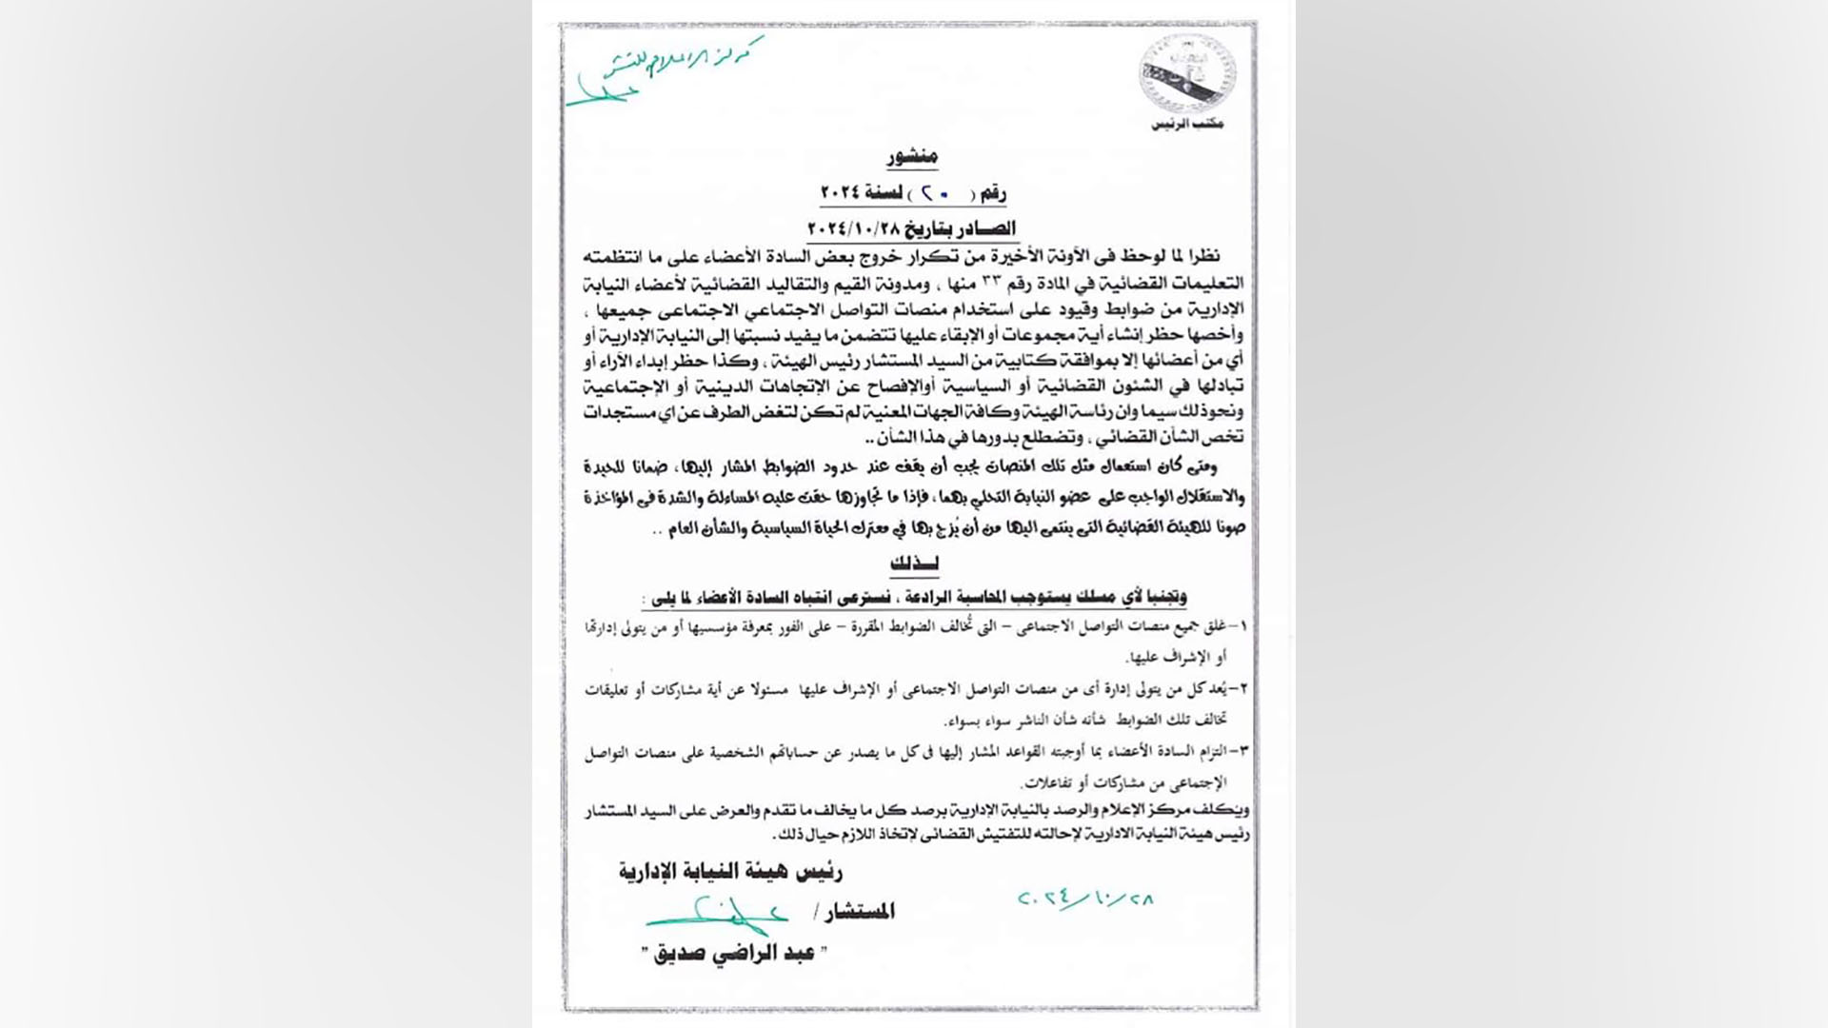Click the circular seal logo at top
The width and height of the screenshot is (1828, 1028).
point(1186,74)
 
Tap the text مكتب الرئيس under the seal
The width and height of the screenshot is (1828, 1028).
point(1187,125)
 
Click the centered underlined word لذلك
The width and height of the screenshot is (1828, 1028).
point(914,563)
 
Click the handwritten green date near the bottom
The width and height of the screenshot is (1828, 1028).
point(1084,899)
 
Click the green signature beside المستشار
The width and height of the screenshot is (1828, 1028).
point(719,915)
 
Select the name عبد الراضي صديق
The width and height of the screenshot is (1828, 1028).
point(739,954)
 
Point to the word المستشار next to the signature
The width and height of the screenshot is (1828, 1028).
point(860,912)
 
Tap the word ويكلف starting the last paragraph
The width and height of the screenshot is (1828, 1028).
point(1227,810)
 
